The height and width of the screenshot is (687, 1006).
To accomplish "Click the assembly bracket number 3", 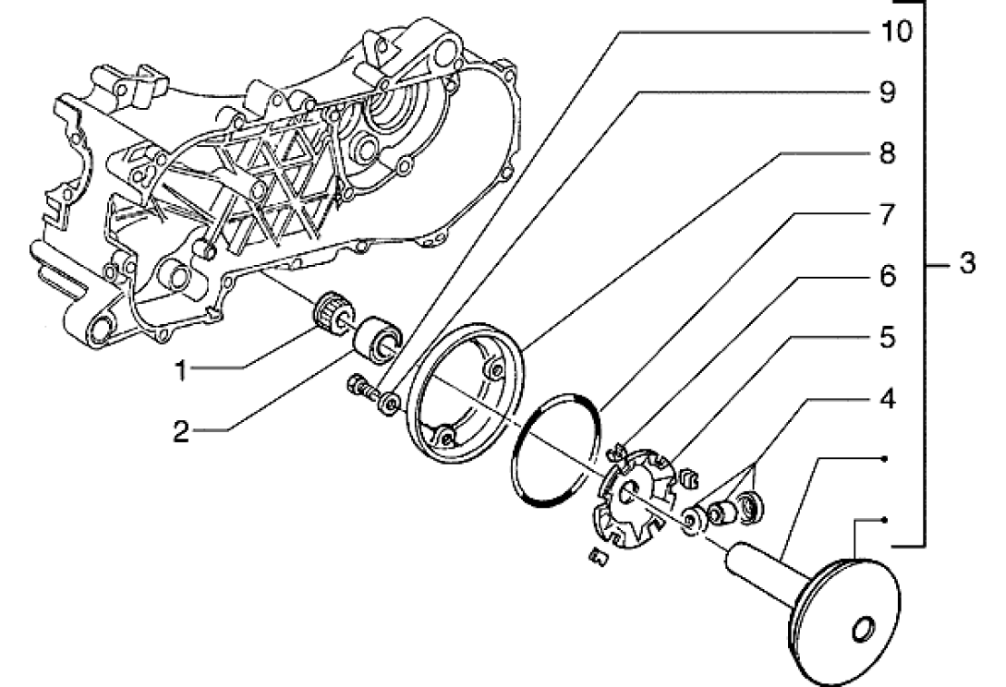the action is (x=967, y=264).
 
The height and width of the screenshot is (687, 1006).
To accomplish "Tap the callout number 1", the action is (x=182, y=370).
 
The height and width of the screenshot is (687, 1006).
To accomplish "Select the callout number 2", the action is (x=182, y=432).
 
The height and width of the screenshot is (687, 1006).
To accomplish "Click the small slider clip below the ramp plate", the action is (x=598, y=558).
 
